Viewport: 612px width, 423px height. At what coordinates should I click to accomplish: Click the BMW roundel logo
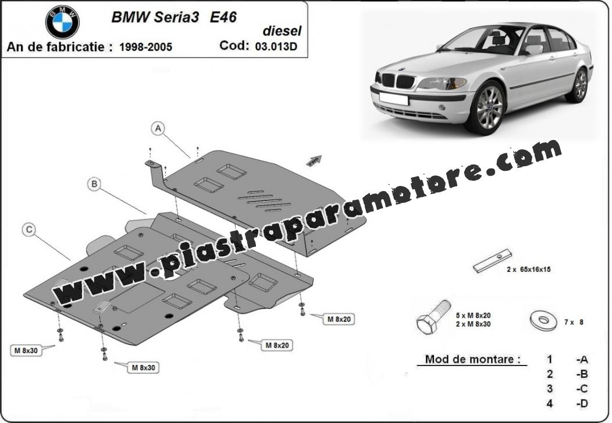[x=62, y=22]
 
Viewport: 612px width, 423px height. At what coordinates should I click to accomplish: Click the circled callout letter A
[x=158, y=128]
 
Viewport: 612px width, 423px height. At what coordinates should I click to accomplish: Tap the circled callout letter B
[x=94, y=184]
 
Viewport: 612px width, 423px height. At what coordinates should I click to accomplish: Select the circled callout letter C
[x=29, y=230]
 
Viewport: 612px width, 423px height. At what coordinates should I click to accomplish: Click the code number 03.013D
[x=276, y=46]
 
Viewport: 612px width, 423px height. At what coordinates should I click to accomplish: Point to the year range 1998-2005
[x=145, y=47]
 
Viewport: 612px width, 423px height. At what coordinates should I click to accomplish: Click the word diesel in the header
[x=282, y=30]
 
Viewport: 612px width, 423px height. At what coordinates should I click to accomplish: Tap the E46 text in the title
[x=223, y=17]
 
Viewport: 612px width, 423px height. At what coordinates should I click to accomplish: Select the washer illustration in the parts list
[x=544, y=321]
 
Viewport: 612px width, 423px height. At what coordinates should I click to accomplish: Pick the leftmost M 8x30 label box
[x=26, y=350]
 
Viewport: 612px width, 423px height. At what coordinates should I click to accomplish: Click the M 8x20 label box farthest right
[x=339, y=320]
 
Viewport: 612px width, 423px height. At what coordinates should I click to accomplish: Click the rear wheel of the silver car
[x=581, y=85]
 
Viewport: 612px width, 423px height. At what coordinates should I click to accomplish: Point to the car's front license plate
[x=394, y=98]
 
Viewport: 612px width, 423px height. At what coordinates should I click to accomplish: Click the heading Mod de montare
[x=472, y=359]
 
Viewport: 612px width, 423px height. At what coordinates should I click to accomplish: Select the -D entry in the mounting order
[x=582, y=403]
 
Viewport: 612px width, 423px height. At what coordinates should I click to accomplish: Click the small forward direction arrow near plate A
[x=314, y=160]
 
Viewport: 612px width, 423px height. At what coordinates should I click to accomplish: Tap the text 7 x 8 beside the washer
[x=574, y=322]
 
